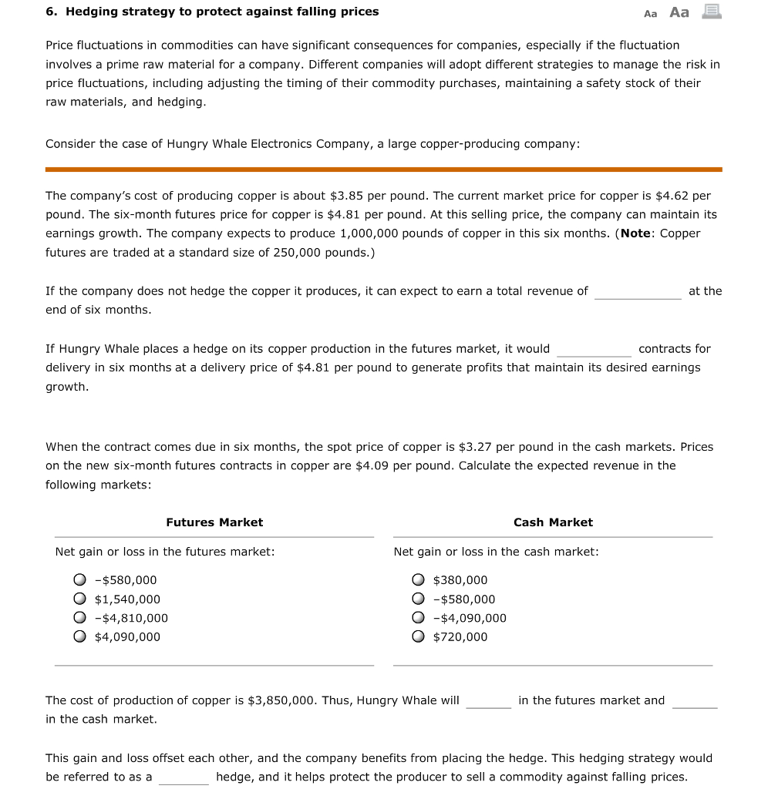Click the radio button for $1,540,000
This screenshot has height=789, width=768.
tap(79, 599)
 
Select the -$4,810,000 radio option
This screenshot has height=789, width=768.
tap(79, 618)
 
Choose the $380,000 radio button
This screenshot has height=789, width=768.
tap(418, 580)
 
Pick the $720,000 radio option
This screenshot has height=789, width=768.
tap(418, 636)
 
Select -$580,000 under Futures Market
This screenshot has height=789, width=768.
tap(79, 580)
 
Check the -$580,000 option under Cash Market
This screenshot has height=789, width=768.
tap(418, 599)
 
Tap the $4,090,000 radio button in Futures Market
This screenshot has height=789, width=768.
tap(79, 636)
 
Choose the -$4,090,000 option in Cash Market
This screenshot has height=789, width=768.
tap(418, 618)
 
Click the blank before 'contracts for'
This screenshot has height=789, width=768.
tap(594, 350)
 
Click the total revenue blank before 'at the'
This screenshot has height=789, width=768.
tap(638, 292)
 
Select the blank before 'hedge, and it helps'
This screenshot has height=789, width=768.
tap(184, 777)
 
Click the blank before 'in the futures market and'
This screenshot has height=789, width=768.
tap(488, 701)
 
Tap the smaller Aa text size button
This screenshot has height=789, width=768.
tap(651, 13)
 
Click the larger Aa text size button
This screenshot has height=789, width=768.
tap(679, 12)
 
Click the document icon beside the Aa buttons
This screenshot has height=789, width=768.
tap(711, 12)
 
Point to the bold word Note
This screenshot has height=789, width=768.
tap(636, 233)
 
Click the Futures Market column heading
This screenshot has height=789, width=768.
tap(214, 522)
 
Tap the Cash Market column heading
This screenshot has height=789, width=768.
tap(553, 522)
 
